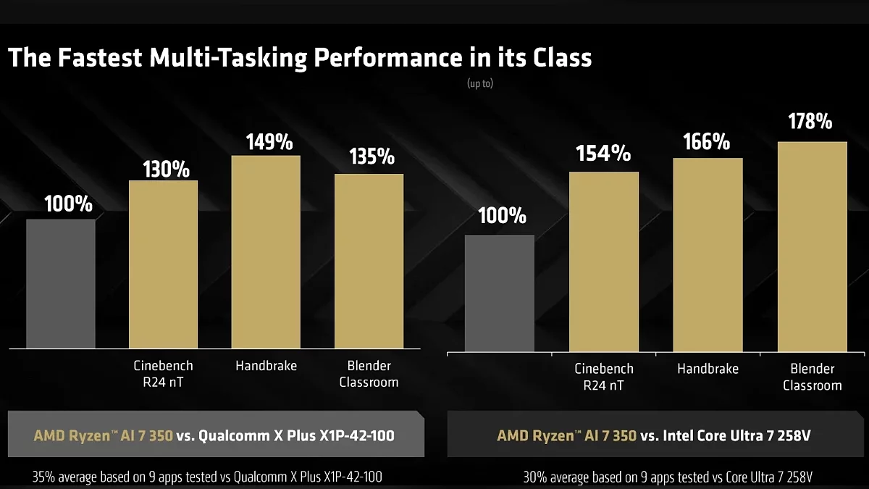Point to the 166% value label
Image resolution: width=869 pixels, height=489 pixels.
(x=706, y=141)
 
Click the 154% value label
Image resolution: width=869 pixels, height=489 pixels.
(x=603, y=154)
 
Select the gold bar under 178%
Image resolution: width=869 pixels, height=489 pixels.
(x=812, y=246)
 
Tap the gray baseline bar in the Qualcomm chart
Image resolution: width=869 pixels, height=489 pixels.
(x=61, y=283)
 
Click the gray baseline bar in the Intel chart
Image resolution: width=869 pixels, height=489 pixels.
(x=500, y=293)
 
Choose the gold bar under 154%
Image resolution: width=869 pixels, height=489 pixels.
(x=604, y=262)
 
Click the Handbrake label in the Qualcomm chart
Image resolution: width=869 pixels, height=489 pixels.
(x=266, y=366)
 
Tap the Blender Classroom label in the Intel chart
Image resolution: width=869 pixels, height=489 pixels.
(x=812, y=377)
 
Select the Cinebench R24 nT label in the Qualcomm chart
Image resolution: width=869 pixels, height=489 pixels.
(x=163, y=373)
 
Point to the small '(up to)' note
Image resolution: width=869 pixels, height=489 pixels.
(x=480, y=83)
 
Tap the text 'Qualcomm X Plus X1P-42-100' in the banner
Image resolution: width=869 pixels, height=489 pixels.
(x=297, y=435)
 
